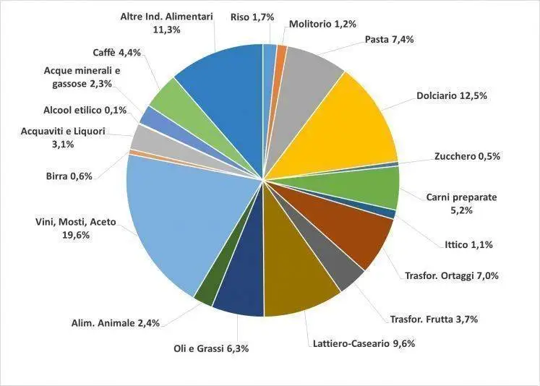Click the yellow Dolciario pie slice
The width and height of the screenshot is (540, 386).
pos(347,123)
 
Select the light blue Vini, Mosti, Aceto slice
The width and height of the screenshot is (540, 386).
pos(173,217)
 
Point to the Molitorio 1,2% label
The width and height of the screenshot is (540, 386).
pos(322,24)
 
